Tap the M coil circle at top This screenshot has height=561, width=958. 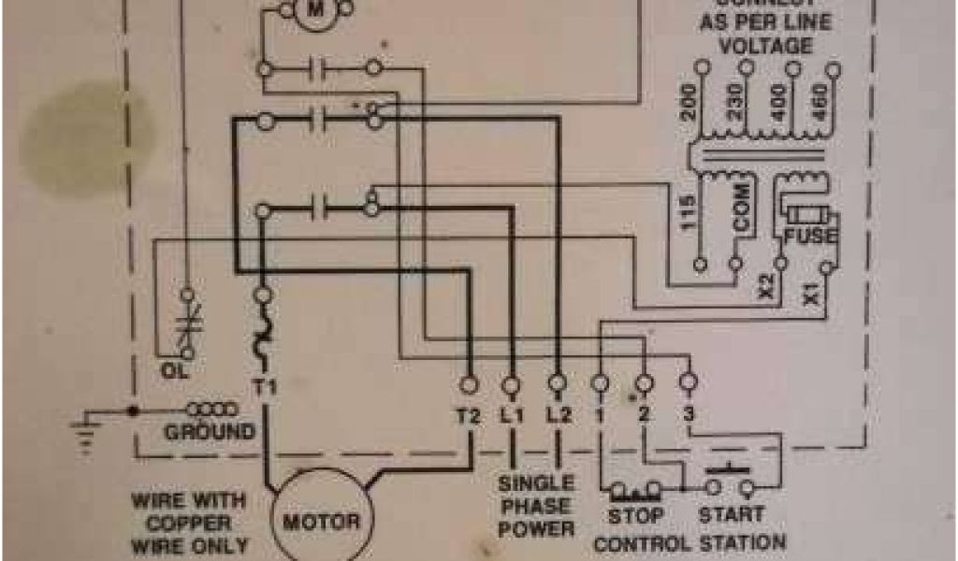click(315, 8)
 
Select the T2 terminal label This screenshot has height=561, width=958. click(468, 417)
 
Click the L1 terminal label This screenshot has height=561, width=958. click(512, 417)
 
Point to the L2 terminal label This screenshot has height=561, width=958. click(558, 417)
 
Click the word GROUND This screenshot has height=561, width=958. click(210, 432)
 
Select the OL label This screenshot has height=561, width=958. click(174, 371)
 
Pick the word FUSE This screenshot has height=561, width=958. click(810, 237)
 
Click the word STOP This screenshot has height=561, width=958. click(636, 515)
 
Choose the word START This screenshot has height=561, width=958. click(731, 515)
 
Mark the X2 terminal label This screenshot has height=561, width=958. click(765, 287)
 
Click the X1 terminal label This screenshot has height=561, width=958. click(809, 295)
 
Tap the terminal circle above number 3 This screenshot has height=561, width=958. click(689, 381)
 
